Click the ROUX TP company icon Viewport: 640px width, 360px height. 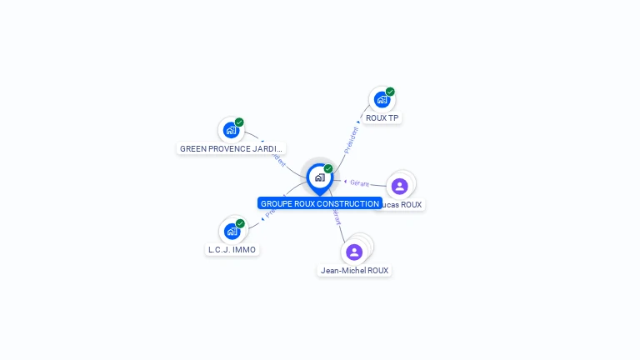click(382, 100)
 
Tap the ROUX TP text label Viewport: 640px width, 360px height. click(382, 118)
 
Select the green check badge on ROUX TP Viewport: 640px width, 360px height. click(390, 92)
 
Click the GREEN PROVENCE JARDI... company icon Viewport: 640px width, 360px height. click(231, 131)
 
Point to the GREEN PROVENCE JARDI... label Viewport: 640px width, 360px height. click(232, 149)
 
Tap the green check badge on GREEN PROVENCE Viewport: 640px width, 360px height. click(239, 122)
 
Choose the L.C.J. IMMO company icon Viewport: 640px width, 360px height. click(232, 232)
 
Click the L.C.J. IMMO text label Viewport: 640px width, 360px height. click(232, 250)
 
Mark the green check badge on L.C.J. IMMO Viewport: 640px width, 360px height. click(240, 223)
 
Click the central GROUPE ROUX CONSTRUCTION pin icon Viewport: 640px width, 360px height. click(319, 177)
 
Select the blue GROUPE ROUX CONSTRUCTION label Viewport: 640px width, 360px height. click(319, 203)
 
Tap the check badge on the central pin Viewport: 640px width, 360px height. click(328, 168)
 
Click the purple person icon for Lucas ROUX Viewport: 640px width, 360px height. click(399, 186)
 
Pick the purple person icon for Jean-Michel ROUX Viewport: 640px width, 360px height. click(354, 252)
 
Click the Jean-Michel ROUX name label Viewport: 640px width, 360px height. click(355, 271)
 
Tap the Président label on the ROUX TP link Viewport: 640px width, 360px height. click(352, 138)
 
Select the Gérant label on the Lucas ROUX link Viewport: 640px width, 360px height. click(359, 182)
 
